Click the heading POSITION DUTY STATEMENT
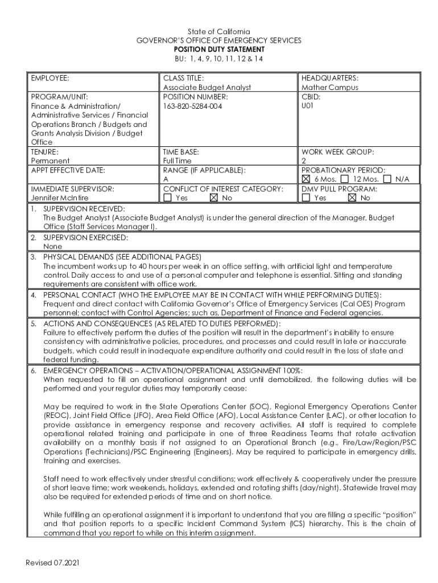click(x=219, y=50)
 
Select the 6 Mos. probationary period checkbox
click(x=307, y=179)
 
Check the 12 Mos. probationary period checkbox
click(x=345, y=179)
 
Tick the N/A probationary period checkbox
click(x=387, y=179)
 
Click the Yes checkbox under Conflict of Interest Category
click(x=167, y=198)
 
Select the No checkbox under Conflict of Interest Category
click(x=214, y=198)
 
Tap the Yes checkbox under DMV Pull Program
click(x=306, y=198)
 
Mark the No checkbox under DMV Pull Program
click(x=352, y=198)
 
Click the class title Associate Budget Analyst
click(x=207, y=88)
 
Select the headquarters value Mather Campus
click(x=330, y=88)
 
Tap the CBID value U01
click(x=308, y=106)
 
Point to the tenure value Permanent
click(x=49, y=161)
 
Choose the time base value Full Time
click(x=177, y=161)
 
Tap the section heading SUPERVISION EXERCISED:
click(x=85, y=237)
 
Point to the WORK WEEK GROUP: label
click(x=337, y=152)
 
